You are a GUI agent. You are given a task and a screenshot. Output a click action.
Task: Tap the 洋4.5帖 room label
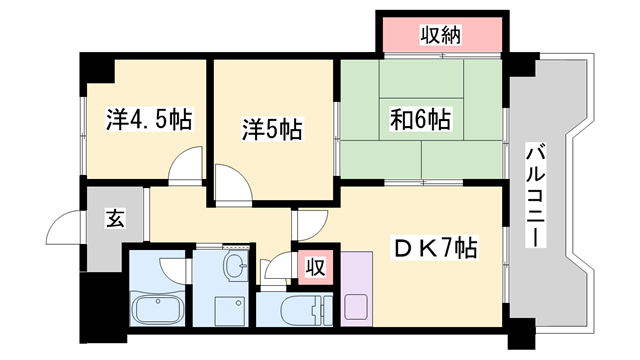coord(149,121)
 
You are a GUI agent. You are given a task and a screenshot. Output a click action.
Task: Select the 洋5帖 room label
coord(271,129)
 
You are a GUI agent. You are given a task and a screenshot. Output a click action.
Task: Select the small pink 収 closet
coord(314,267)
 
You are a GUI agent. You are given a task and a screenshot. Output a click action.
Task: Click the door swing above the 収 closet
coord(309,225)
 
